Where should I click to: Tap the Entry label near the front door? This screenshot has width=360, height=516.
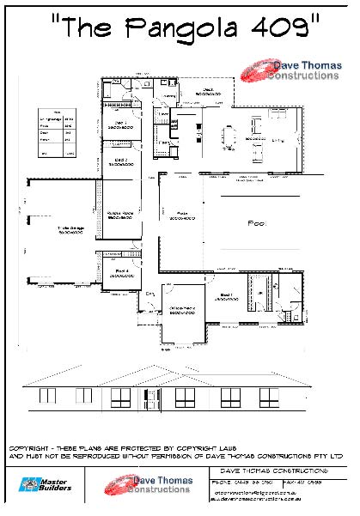149,294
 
